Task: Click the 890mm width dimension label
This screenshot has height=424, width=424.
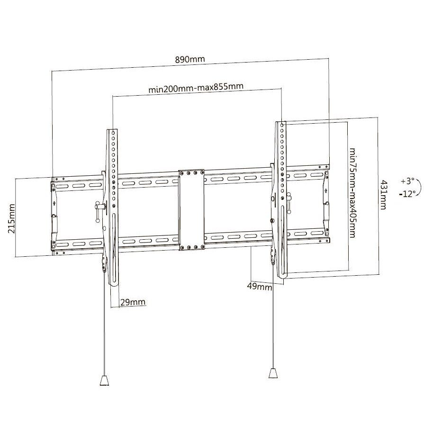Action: pyautogui.click(x=190, y=59)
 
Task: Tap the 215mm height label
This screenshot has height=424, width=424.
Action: pyautogui.click(x=11, y=219)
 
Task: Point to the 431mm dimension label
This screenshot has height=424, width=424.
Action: pyautogui.click(x=383, y=195)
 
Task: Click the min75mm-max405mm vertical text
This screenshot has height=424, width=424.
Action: pyautogui.click(x=352, y=192)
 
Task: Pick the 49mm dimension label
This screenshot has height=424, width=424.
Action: pyautogui.click(x=260, y=286)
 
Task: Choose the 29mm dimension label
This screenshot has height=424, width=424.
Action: pyautogui.click(x=133, y=302)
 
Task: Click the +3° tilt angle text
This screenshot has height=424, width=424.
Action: pyautogui.click(x=408, y=181)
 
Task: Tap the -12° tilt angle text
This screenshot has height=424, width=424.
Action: pyautogui.click(x=407, y=194)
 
